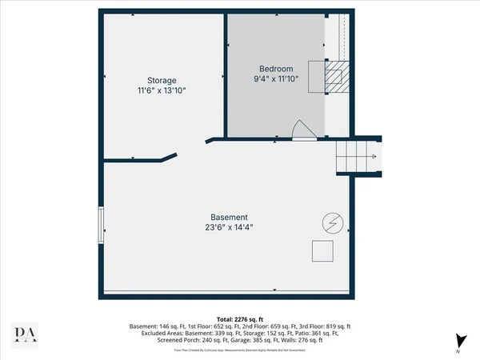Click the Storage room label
point(161,80)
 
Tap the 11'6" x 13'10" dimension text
point(161,91)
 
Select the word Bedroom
point(276,68)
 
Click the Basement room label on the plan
point(229,217)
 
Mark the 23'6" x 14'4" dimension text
point(229,227)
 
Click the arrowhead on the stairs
point(374,156)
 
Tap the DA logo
point(27,334)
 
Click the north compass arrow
point(459,340)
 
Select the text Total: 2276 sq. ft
point(240,318)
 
